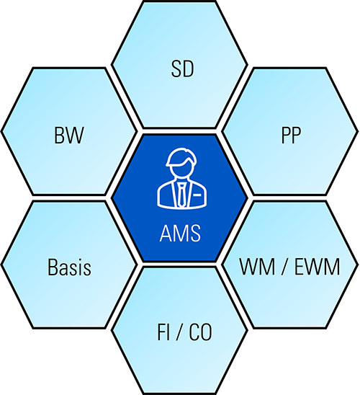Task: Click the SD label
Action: [182, 68]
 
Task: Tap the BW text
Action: [69, 136]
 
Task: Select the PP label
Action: [291, 136]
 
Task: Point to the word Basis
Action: [69, 267]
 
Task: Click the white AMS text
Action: [180, 234]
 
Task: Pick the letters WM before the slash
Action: [257, 267]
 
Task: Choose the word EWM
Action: [317, 267]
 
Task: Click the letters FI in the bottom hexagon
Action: [163, 332]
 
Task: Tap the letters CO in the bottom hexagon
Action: [200, 332]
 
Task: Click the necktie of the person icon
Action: [181, 194]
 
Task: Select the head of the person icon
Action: [181, 164]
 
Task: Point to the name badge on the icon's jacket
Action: [197, 195]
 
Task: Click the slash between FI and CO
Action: [179, 332]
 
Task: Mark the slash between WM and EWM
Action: [284, 267]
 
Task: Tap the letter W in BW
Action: [75, 136]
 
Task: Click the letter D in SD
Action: [189, 68]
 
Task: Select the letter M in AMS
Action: [181, 234]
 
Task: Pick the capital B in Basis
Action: [53, 267]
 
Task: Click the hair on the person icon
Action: [181, 157]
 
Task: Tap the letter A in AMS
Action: [166, 234]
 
